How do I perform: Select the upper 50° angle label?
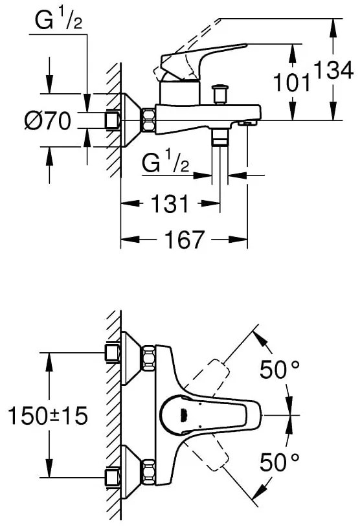(279, 370)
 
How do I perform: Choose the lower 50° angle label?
(279, 461)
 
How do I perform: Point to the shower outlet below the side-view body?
(220, 137)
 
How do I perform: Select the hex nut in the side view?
(148, 119)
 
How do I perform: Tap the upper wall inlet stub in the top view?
(113, 352)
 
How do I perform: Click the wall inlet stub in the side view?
(113, 120)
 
